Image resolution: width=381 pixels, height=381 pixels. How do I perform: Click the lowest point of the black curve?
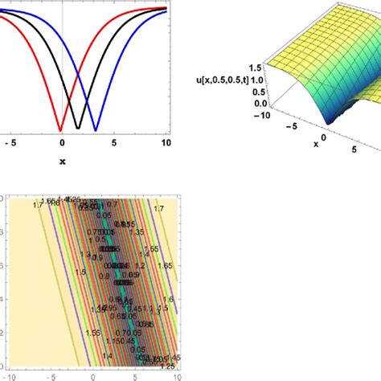click(78, 129)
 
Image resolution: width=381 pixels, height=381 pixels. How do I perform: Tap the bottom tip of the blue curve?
click(96, 130)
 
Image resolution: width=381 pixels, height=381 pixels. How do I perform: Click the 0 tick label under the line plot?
click(62, 143)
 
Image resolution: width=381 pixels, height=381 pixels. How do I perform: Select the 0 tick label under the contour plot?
click(94, 375)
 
